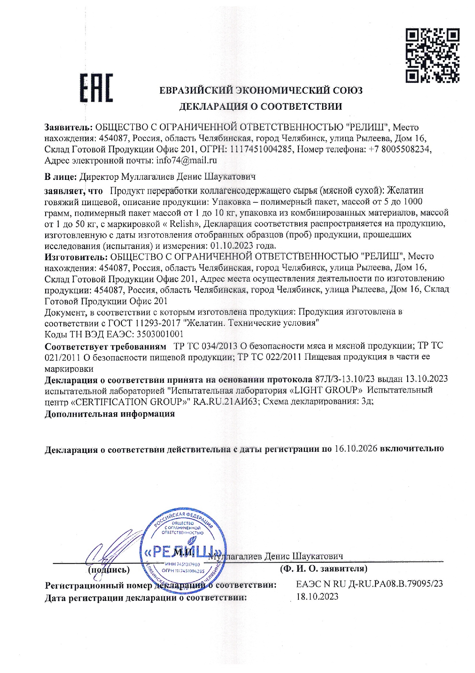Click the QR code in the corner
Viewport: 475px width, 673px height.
[432, 56]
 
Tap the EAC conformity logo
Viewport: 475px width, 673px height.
[97, 89]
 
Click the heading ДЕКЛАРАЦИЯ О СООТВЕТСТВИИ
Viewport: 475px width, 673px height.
[260, 107]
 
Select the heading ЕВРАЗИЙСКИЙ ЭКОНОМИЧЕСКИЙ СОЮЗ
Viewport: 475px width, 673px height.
[260, 91]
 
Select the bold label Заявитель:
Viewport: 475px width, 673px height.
[69, 127]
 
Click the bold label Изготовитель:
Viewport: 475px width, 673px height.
[76, 256]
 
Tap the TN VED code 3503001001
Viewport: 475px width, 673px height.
[160, 334]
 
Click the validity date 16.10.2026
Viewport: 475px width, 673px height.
[356, 448]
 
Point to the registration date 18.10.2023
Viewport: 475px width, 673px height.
[318, 597]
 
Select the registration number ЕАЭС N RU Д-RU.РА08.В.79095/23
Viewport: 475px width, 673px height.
[369, 584]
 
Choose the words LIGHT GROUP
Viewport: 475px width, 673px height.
[328, 390]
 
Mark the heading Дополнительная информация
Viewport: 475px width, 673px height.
[110, 414]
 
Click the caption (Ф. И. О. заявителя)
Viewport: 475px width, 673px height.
[324, 569]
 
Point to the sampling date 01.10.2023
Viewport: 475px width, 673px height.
[230, 245]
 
